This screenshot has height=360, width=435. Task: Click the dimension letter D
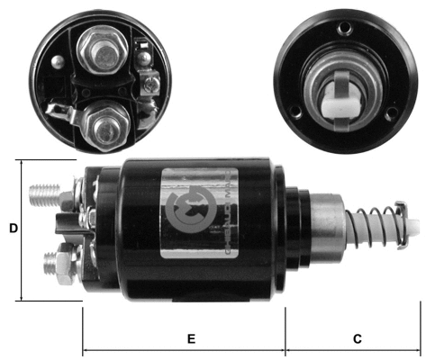tap(13, 229)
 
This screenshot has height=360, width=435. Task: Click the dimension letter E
tap(191, 339)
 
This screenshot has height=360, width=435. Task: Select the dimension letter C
tap(358, 339)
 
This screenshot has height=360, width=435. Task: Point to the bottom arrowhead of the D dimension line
tap(21, 298)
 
